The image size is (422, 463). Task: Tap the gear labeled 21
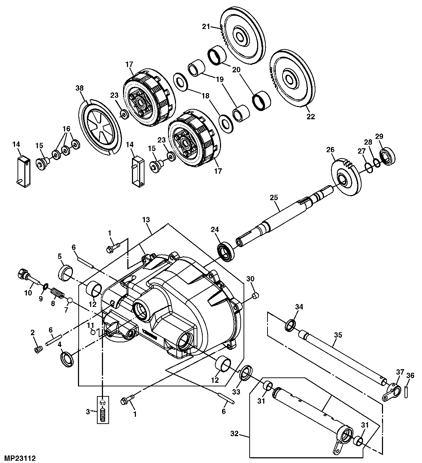click(x=243, y=36)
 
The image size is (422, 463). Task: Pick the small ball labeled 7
click(x=70, y=299)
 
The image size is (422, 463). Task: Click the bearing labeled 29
click(x=387, y=157)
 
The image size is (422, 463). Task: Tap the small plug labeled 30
click(x=255, y=295)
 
